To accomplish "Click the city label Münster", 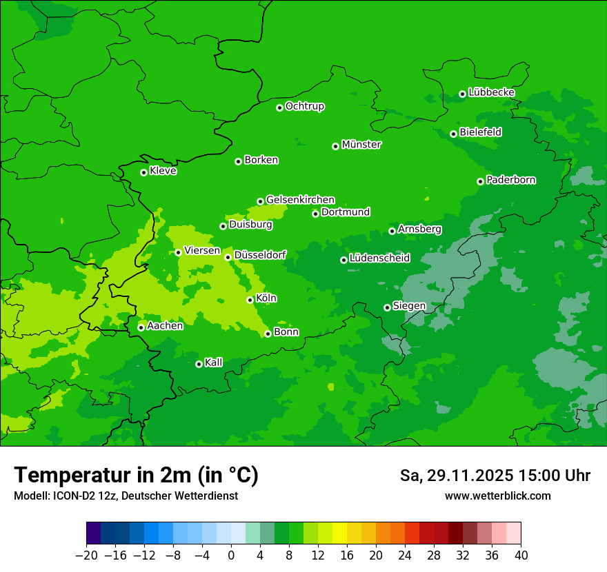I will point(361,145).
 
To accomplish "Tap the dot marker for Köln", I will point(250,300).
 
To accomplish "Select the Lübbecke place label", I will point(491,92).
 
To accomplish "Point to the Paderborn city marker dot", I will point(480,181).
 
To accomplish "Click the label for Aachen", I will point(165,326).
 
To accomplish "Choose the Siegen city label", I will point(409,306).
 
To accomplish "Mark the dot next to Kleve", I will point(143,172).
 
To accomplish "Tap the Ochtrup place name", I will point(305,106).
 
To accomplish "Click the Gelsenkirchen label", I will point(300,200).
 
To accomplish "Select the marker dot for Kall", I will point(199,364).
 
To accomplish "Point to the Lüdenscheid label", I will point(379,258).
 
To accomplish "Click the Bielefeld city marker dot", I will point(453,134).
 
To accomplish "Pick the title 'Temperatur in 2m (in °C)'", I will point(136,476).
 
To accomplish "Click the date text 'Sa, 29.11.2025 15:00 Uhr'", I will point(495,476).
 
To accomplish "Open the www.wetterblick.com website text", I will point(498,496).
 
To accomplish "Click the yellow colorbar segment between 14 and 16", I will point(339,533).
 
